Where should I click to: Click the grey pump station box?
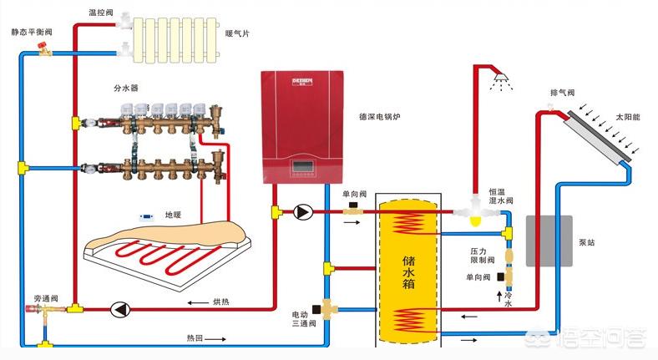(x=549, y=240)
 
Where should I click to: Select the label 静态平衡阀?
(x=31, y=31)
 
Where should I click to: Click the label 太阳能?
(x=630, y=117)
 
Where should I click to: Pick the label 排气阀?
(x=562, y=93)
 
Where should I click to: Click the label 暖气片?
(x=237, y=34)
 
